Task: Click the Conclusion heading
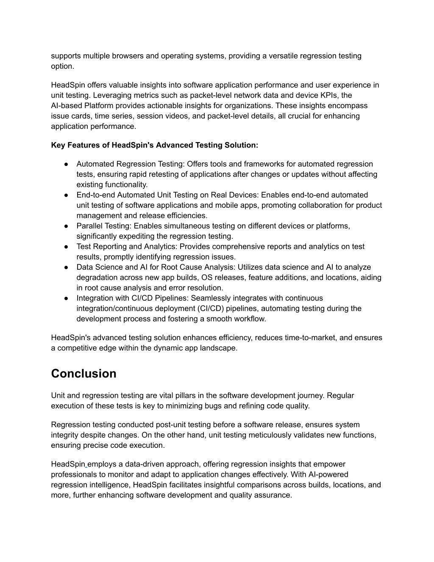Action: pyautogui.click(x=83, y=374)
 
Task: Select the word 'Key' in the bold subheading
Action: pyautogui.click(x=58, y=145)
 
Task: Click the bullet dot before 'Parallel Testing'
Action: pyautogui.click(x=67, y=226)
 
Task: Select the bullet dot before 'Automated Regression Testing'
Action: pyautogui.click(x=67, y=164)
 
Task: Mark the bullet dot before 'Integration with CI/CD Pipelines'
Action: pyautogui.click(x=67, y=298)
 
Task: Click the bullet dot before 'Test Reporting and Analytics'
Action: pyautogui.click(x=67, y=247)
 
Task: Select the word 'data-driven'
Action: pyautogui.click(x=142, y=464)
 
